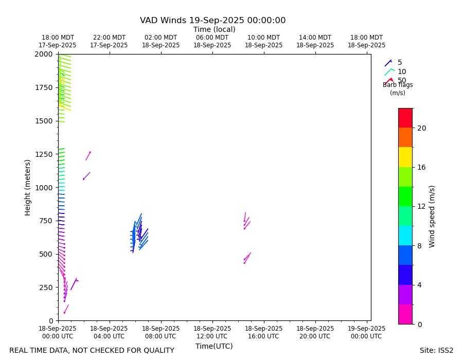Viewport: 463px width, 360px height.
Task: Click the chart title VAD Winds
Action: [212, 21]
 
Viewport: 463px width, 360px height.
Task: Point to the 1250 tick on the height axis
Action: [44, 154]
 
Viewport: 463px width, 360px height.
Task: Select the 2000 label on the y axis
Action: [44, 54]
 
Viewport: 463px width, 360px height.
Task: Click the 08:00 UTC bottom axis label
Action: [161, 333]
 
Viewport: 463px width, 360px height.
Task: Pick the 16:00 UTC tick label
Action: [263, 333]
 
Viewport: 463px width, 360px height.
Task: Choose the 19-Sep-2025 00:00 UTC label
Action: [366, 333]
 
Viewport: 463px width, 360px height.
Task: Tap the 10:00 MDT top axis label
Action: [263, 42]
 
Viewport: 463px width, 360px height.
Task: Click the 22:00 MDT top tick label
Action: [109, 42]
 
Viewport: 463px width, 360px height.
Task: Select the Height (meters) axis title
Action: [28, 187]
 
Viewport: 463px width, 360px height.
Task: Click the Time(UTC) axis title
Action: [214, 346]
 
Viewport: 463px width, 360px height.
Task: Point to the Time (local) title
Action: [214, 30]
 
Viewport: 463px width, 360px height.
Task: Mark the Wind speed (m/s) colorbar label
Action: [432, 216]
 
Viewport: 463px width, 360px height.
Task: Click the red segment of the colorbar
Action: [405, 118]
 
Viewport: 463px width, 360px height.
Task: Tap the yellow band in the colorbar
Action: [405, 157]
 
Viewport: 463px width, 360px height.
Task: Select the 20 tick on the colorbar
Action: [421, 128]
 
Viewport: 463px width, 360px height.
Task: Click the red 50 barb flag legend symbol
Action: [389, 81]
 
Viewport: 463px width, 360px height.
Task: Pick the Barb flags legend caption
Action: [398, 85]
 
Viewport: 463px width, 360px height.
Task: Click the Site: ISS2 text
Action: [436, 351]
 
